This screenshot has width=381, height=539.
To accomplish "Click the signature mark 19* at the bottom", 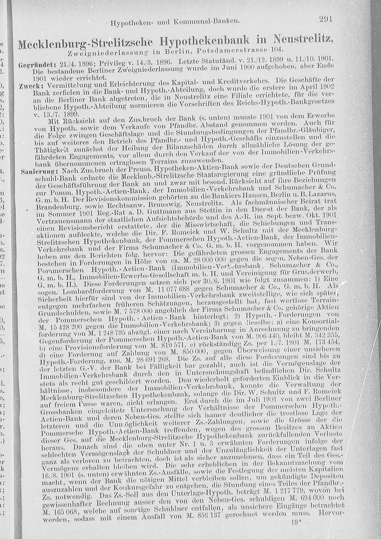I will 296,523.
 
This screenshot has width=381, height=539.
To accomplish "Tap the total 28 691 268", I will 151,359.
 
